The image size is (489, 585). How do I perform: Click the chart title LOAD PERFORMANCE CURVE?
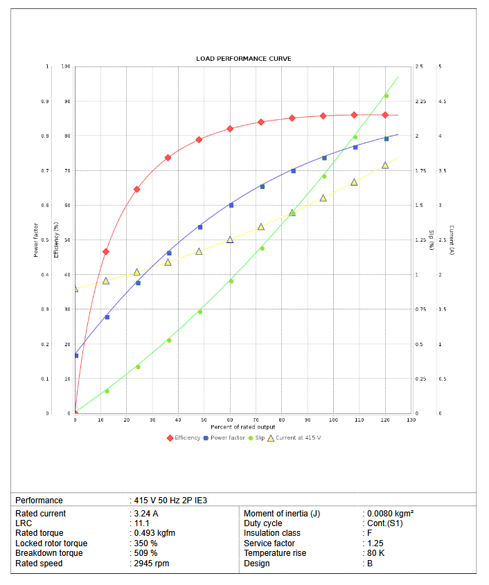[x=243, y=59]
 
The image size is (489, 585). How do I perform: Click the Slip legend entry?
[x=256, y=438]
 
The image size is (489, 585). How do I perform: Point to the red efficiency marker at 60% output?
[x=231, y=129]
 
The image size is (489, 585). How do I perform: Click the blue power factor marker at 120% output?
[x=386, y=139]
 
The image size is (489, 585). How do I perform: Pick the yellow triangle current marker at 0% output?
[x=75, y=289]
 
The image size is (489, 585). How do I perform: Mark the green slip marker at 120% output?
[x=386, y=96]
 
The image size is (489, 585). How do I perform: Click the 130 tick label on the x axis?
[x=411, y=420]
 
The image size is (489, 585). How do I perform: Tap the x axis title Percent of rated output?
[x=243, y=427]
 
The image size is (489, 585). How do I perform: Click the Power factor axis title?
[x=36, y=240]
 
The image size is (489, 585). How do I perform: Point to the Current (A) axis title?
[x=452, y=240]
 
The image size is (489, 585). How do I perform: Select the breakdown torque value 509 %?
[x=145, y=553]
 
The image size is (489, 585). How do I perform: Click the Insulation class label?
[x=272, y=533]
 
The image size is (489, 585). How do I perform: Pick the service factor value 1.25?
[x=375, y=543]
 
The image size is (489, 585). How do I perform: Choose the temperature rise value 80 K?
[x=375, y=553]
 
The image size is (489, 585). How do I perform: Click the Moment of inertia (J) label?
[x=282, y=514]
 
